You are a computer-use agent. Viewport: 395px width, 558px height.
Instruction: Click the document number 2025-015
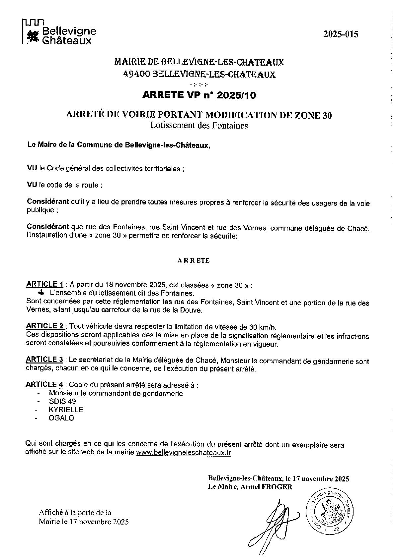(341, 34)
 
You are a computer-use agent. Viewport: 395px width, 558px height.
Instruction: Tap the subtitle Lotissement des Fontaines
(199, 126)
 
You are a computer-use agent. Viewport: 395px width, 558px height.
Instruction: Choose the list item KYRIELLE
(66, 410)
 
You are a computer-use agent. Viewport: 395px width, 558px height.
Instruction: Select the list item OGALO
(61, 418)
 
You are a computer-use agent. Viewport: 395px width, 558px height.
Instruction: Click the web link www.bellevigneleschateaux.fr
(183, 453)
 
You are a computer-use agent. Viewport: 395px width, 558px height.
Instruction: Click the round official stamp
(330, 510)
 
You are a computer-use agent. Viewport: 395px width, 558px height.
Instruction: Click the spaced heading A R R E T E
(194, 260)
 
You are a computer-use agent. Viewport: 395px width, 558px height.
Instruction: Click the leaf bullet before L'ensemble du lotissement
(41, 293)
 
